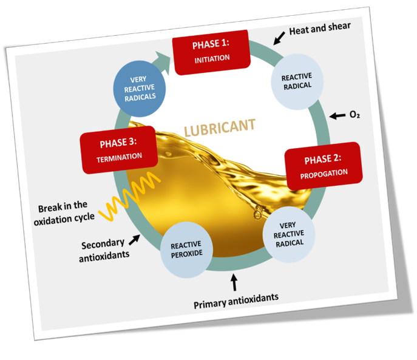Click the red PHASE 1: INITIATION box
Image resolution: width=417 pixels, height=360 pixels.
click(211, 52)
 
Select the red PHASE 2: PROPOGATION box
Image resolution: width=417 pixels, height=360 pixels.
click(324, 165)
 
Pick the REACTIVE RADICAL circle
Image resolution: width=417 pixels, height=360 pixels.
click(296, 81)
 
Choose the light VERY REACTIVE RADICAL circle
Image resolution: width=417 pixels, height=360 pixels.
click(288, 235)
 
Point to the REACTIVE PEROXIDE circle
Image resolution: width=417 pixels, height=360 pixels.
click(186, 249)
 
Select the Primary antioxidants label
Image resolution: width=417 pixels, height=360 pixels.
click(236, 297)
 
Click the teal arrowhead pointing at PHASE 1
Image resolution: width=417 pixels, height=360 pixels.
click(163, 56)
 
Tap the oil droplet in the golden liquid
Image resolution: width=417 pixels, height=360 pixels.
click(259, 212)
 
